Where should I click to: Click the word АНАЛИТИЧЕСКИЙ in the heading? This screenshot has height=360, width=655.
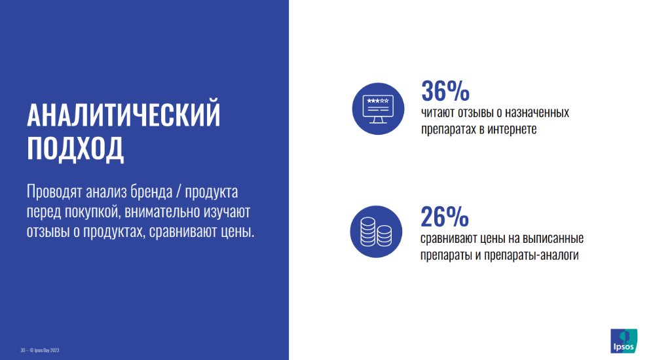124,114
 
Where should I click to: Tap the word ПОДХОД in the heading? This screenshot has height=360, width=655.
75,148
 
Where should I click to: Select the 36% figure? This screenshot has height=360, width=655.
445,91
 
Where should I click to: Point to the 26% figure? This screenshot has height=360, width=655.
445,217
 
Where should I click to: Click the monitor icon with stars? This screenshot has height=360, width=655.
378,109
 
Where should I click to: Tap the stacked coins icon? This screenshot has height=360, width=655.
376,231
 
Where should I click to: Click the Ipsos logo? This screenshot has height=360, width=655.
624,341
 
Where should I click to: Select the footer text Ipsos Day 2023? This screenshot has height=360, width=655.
47,350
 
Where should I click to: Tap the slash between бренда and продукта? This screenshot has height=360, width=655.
179,192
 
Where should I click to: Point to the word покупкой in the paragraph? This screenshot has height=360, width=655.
92,211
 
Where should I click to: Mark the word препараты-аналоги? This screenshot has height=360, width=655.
531,255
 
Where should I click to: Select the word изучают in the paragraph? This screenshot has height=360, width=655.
227,211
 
